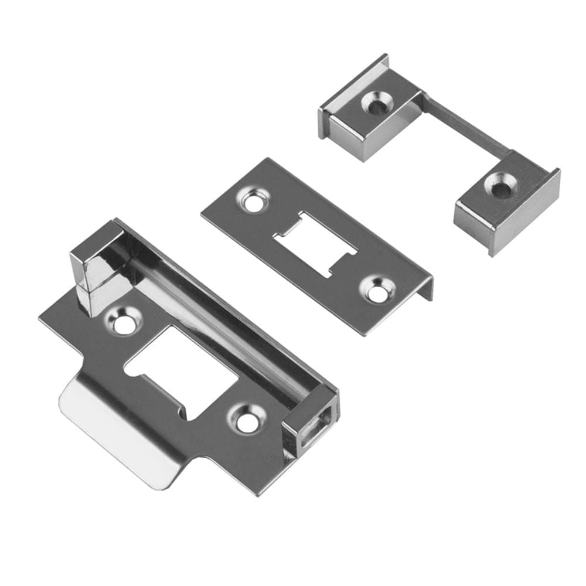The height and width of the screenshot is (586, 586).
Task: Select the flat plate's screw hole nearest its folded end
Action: pos(375,291)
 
